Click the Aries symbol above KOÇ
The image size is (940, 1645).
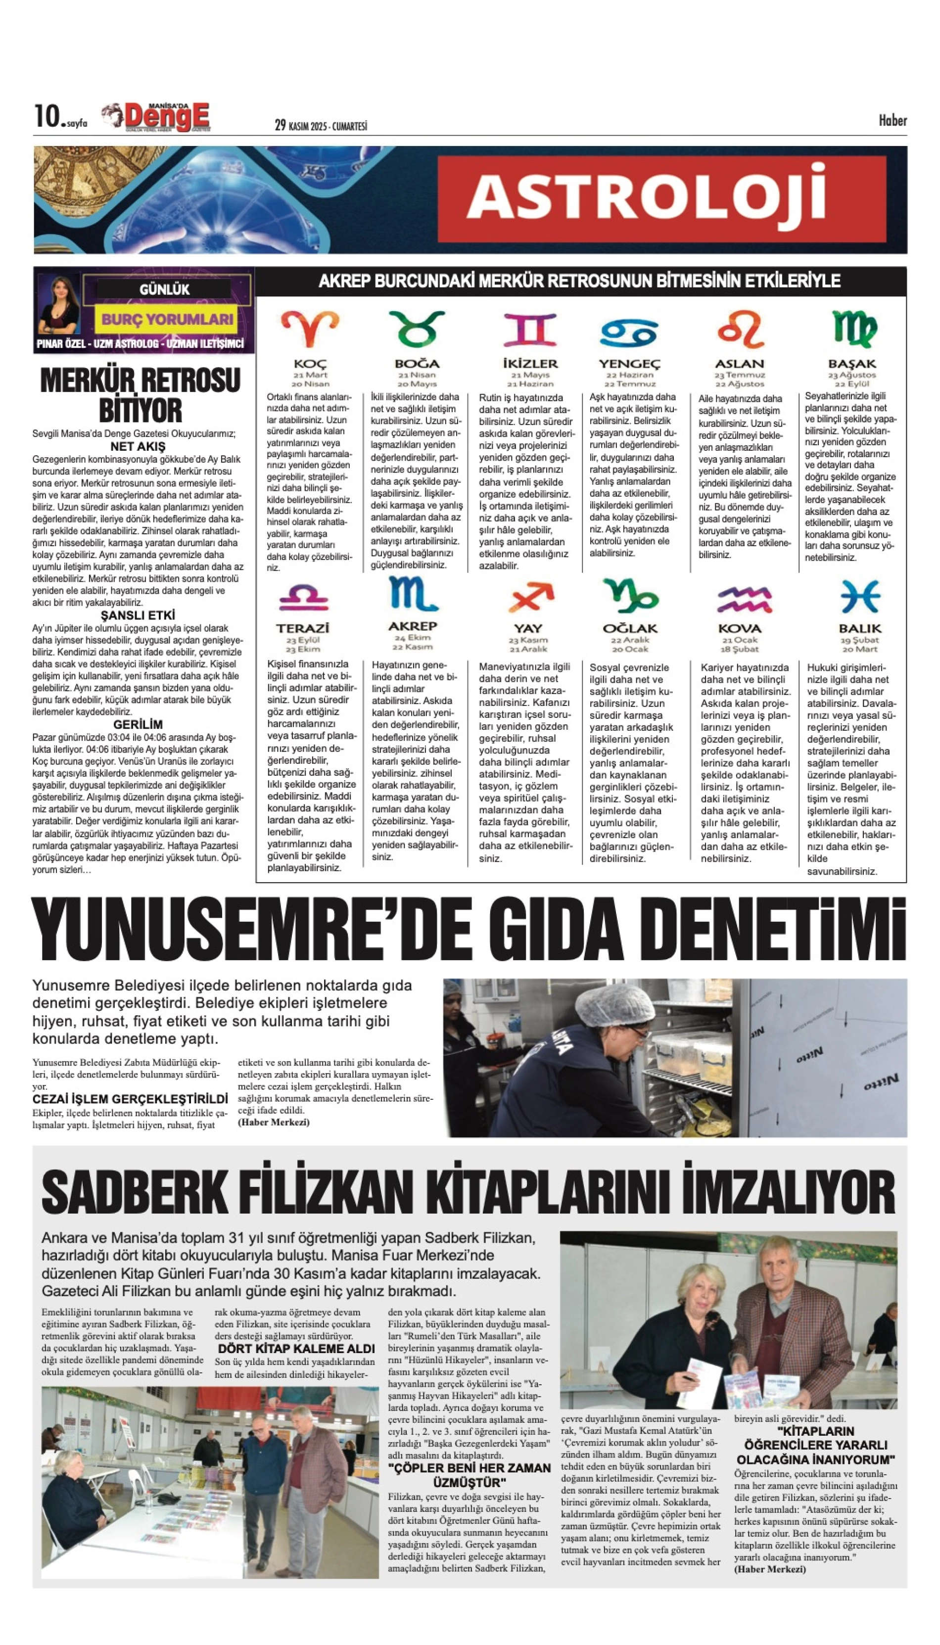click(x=310, y=328)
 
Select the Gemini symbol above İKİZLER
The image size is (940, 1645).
click(x=530, y=330)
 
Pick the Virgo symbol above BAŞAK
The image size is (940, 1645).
click(x=853, y=328)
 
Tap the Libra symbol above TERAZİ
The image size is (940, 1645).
click(x=303, y=597)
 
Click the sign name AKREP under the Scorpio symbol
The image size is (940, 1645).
click(x=413, y=626)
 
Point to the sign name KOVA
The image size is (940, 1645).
click(x=739, y=628)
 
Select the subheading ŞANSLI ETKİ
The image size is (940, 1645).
click(x=138, y=615)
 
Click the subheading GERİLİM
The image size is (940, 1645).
click(x=138, y=724)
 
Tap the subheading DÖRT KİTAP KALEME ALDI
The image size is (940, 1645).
click(x=296, y=1349)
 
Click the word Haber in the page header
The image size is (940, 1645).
click(x=892, y=121)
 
